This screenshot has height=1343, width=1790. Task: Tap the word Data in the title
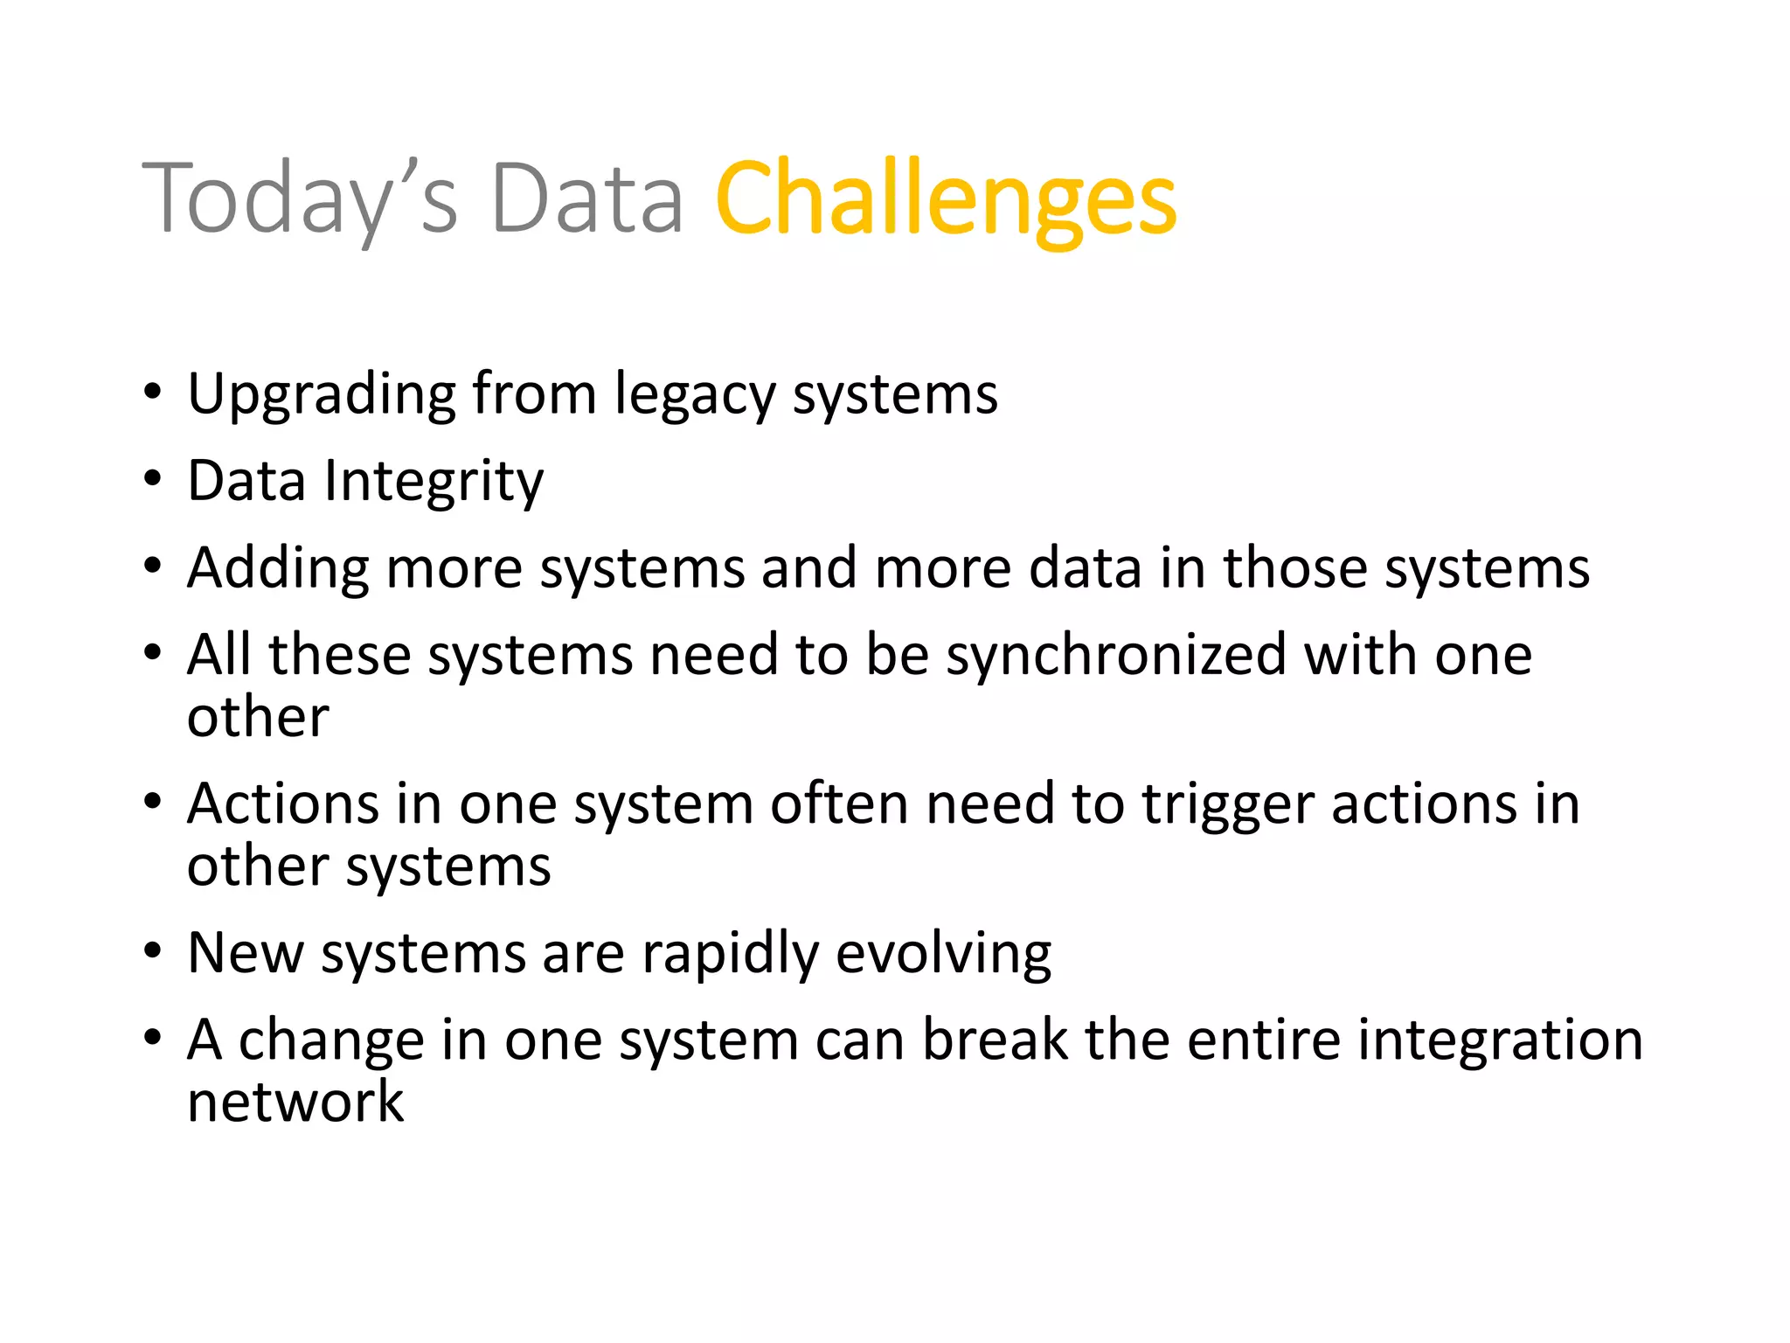(586, 199)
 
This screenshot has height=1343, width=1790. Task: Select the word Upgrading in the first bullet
(321, 395)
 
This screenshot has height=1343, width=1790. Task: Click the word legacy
(694, 395)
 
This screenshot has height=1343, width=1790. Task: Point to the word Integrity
(434, 483)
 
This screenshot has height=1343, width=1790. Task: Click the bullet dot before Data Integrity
(153, 479)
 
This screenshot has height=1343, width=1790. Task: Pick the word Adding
(278, 569)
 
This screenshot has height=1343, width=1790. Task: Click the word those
(1294, 567)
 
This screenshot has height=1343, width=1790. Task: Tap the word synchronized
(1116, 657)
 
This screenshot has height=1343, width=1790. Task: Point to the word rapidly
(730, 954)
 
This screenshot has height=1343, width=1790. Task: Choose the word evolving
(943, 954)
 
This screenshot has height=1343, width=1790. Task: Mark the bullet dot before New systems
(153, 950)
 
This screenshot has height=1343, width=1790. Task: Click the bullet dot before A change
(153, 1038)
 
